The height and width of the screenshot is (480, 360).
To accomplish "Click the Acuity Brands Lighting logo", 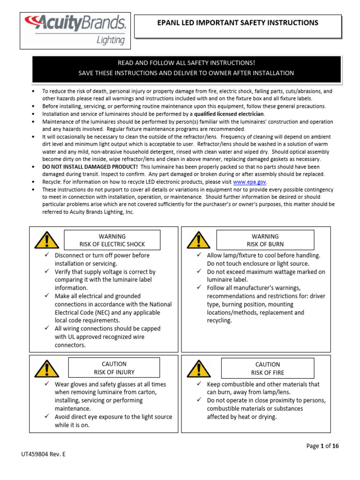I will (x=75, y=30).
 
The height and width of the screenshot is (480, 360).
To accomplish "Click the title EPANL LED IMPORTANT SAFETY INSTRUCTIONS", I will (x=238, y=22).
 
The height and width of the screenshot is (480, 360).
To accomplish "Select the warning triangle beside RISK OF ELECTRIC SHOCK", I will (x=46, y=240).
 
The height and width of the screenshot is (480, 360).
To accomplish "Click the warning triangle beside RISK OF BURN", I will (x=198, y=240).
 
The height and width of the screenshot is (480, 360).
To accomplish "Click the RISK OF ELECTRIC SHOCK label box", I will (x=112, y=240).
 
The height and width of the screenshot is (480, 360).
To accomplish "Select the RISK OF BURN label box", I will (x=265, y=240).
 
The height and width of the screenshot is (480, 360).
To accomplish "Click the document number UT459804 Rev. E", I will (x=44, y=454).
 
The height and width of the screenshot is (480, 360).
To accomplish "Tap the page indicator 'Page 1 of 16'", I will (x=322, y=446).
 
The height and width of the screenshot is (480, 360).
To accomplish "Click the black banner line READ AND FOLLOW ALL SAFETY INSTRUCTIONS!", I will (x=186, y=63).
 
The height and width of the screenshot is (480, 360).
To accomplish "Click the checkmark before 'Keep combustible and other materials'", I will (x=199, y=384).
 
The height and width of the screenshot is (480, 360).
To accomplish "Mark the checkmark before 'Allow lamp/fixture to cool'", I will (x=199, y=255).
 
